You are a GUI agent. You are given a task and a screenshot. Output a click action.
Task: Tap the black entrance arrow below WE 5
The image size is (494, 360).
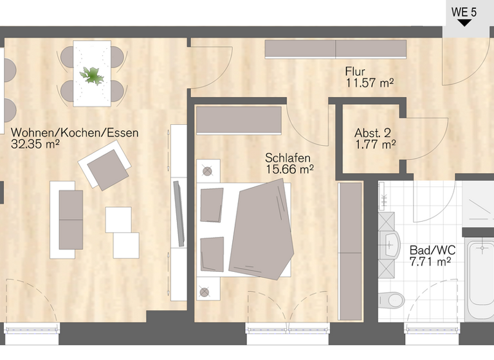(x=464, y=22)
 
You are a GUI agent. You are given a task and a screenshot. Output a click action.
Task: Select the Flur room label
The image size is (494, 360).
(x=355, y=71)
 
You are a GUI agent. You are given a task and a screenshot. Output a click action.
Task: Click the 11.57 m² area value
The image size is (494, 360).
(x=369, y=82)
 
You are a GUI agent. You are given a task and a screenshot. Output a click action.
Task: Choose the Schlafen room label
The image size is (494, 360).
(x=288, y=158)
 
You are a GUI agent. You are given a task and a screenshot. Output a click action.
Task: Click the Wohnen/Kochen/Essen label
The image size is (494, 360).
(x=75, y=133)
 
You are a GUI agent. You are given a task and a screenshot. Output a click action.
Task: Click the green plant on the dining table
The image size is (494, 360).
(x=92, y=75)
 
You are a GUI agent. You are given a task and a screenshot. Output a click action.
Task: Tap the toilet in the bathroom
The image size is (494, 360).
(x=392, y=300)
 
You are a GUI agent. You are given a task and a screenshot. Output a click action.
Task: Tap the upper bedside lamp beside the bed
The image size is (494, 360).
(x=206, y=171)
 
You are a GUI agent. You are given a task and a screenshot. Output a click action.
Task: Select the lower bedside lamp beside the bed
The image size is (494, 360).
(x=205, y=292)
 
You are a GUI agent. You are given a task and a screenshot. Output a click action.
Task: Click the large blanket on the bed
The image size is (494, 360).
(x=260, y=228)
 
